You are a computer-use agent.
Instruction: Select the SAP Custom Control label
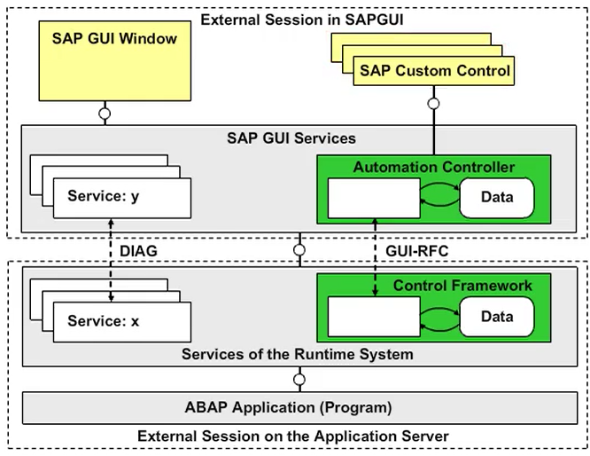point(434,71)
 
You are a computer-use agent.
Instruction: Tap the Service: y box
point(122,197)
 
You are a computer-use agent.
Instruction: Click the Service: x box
point(122,321)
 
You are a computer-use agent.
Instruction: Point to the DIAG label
point(139,251)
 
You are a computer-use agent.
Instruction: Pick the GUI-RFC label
point(416,251)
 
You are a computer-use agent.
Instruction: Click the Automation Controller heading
point(434,167)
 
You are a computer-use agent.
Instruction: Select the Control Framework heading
point(462,285)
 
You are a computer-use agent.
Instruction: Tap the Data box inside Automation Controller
point(496,197)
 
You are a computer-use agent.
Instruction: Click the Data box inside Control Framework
point(496,317)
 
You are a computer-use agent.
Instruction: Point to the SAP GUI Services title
point(291,138)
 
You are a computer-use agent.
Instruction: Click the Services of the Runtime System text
point(298,354)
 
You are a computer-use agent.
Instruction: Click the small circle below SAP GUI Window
point(105,114)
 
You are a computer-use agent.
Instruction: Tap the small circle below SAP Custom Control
point(433,104)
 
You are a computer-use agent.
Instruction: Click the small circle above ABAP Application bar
point(299,380)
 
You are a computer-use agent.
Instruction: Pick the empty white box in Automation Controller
point(373,198)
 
